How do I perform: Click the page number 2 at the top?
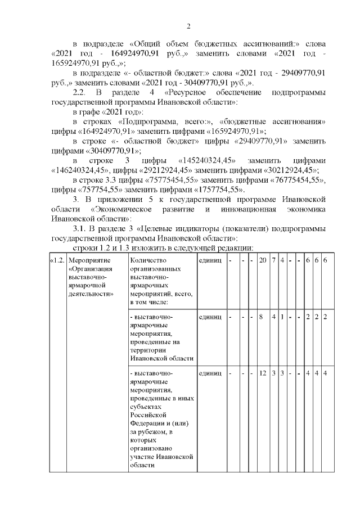click(189, 26)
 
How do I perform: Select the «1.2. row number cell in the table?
click(58, 260)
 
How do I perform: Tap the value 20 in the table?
click(262, 260)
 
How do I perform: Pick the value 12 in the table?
click(262, 372)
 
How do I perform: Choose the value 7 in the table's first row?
click(273, 260)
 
